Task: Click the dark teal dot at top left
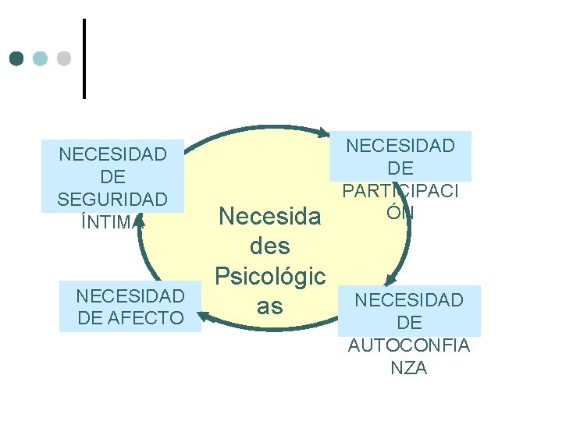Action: click(x=16, y=58)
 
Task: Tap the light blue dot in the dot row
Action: click(x=40, y=58)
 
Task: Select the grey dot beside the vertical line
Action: click(x=64, y=58)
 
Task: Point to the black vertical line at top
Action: click(x=84, y=58)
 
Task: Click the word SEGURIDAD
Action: click(x=112, y=199)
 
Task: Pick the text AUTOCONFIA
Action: click(x=409, y=345)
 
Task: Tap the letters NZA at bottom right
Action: click(x=409, y=368)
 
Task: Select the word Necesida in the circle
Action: click(x=270, y=216)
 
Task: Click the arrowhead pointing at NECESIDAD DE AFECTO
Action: click(x=205, y=315)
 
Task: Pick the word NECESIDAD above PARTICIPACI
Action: click(x=400, y=146)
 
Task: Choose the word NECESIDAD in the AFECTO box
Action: click(x=130, y=296)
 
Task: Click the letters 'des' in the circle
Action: click(x=270, y=246)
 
